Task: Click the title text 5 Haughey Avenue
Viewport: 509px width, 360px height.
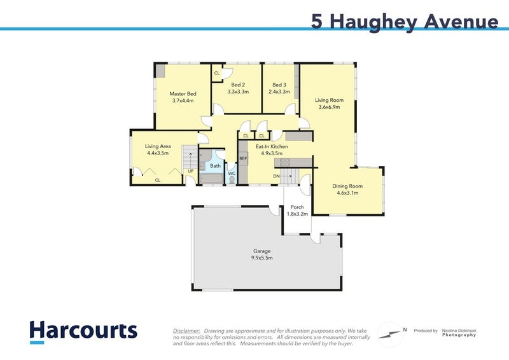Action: pyautogui.click(x=404, y=21)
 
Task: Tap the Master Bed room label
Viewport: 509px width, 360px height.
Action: pyautogui.click(x=182, y=94)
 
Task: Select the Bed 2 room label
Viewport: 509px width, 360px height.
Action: pyautogui.click(x=238, y=85)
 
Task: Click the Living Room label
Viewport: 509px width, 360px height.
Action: pyautogui.click(x=329, y=100)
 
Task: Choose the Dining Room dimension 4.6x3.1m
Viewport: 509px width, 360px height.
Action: pyautogui.click(x=347, y=193)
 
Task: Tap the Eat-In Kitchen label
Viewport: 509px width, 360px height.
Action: pyautogui.click(x=272, y=147)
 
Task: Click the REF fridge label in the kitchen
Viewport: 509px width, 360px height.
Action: pyautogui.click(x=243, y=158)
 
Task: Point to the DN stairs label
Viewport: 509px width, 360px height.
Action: pyautogui.click(x=277, y=176)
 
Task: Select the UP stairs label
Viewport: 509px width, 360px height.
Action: pyautogui.click(x=190, y=171)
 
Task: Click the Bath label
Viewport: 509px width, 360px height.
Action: pyautogui.click(x=215, y=165)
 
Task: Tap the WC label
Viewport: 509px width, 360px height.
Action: pyautogui.click(x=232, y=173)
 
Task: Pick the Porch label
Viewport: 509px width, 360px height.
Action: pyautogui.click(x=296, y=207)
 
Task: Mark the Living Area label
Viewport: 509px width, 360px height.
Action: pyautogui.click(x=158, y=146)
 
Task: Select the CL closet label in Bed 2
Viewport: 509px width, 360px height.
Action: pyautogui.click(x=217, y=73)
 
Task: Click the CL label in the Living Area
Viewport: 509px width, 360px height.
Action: pyautogui.click(x=157, y=181)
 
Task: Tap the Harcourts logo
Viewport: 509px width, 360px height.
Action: pyautogui.click(x=83, y=331)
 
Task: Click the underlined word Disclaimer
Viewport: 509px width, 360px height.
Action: pyautogui.click(x=186, y=331)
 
